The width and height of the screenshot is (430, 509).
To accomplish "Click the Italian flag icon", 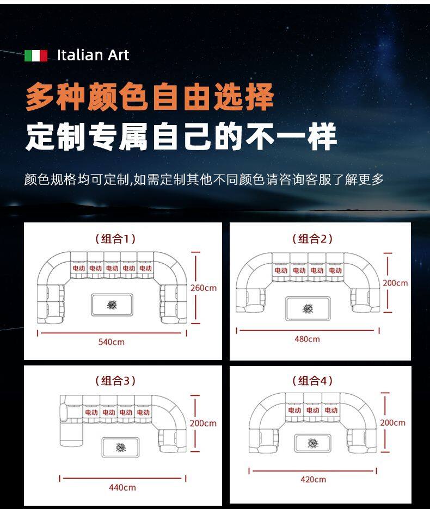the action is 36,55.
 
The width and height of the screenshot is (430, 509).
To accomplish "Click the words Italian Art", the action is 93,55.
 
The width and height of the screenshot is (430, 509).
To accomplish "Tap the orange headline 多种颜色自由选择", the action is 150,96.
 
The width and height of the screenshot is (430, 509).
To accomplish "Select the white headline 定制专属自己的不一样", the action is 181,136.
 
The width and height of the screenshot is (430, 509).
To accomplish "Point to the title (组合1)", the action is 115,239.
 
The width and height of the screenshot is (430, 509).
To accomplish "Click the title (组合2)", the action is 312,239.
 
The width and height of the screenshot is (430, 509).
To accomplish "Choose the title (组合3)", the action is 115,381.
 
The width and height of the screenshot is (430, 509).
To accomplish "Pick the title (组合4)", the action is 312,381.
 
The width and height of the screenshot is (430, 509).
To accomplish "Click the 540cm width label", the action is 112,342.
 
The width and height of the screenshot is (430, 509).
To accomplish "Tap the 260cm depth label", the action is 204,288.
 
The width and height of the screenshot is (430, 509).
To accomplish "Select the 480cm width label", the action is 307,339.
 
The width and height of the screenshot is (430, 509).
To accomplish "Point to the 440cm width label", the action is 122,487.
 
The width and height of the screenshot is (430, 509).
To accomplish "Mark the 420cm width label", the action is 313,480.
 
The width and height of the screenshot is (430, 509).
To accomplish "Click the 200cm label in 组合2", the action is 395,283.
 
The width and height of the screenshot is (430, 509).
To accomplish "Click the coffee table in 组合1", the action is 112,305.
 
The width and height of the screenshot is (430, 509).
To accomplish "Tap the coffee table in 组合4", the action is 313,443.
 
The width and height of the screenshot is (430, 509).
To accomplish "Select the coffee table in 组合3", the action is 121,447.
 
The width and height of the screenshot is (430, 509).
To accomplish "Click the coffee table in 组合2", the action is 308,308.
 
